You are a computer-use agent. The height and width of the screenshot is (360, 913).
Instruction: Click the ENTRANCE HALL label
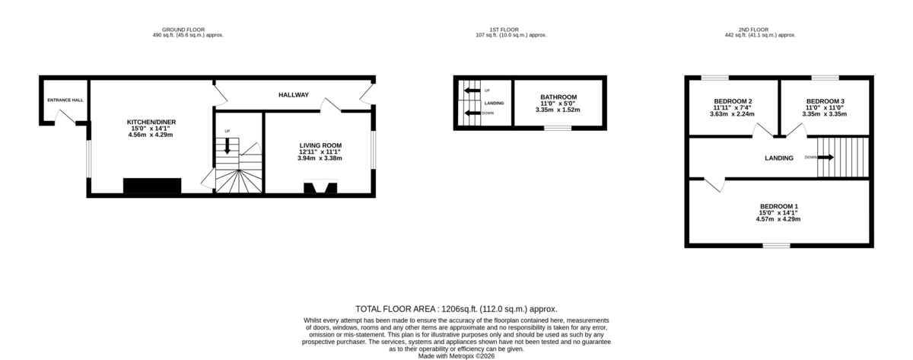(65, 100)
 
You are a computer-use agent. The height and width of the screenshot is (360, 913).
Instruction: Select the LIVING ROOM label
(320, 145)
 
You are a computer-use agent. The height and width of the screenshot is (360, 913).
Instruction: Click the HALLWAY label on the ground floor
(292, 95)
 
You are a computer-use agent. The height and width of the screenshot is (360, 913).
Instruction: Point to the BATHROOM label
(558, 97)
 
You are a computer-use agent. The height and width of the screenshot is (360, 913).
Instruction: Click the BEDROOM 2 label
(733, 101)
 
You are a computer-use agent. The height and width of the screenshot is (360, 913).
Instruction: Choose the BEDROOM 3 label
(826, 101)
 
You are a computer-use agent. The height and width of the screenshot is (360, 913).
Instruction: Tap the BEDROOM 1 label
(778, 206)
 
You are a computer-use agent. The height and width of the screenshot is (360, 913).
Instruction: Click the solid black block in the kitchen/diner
(152, 186)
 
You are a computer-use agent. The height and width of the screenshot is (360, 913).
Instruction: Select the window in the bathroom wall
(558, 128)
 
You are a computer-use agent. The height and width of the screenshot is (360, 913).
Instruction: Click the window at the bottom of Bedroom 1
(777, 246)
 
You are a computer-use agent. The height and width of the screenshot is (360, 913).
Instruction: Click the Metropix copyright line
(456, 355)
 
